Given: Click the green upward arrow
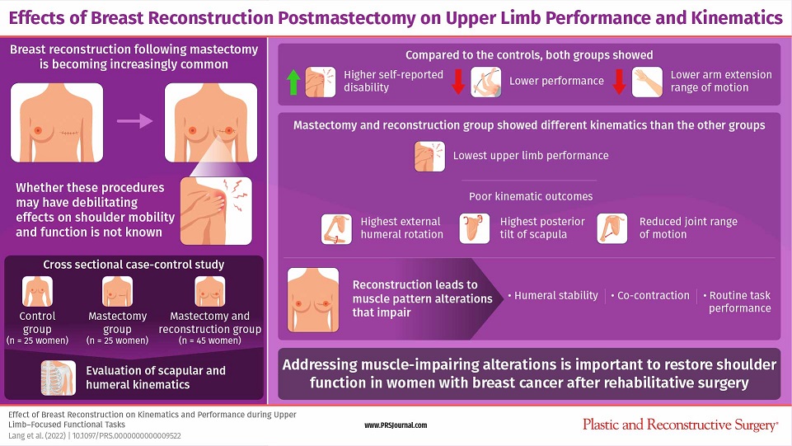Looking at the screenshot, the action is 293,82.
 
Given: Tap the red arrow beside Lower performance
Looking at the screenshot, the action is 458,82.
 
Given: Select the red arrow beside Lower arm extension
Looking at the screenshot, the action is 619,82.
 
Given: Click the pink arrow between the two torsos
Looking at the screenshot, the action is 134,120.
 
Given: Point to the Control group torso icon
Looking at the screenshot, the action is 37,292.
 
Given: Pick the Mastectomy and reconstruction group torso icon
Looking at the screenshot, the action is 210,292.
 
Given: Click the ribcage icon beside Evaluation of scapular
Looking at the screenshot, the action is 59,378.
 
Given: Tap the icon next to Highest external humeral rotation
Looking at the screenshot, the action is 336,229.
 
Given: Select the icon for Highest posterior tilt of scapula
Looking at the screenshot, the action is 474,229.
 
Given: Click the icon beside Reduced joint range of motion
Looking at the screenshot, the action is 612,229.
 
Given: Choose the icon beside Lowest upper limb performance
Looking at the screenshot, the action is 430,157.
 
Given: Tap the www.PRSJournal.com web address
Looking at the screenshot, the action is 396,425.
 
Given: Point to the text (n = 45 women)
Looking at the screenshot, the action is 210,340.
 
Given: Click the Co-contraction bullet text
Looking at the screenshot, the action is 650,295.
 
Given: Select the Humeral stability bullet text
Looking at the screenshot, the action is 553,295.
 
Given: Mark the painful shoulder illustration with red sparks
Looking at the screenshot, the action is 216,210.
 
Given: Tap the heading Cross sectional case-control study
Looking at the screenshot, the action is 134,265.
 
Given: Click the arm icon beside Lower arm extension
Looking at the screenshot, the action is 647,82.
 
